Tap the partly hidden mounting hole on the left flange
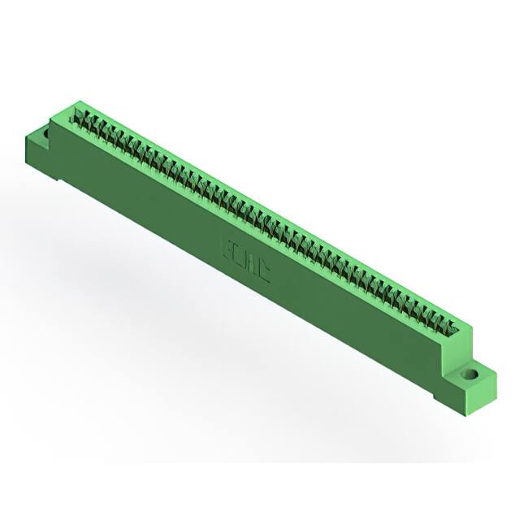click(x=46, y=130)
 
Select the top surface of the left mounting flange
click(x=41, y=135)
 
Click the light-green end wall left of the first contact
click(x=75, y=112)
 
